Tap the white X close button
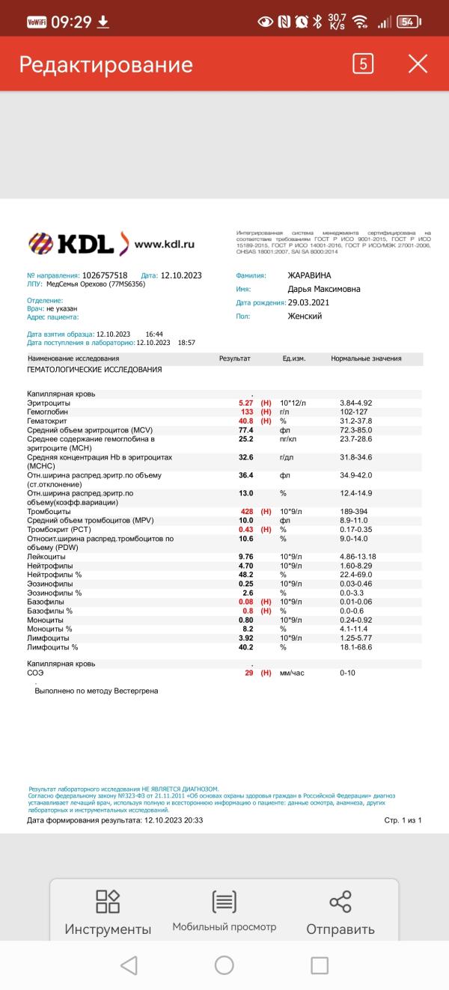[x=418, y=64]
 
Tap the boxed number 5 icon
[x=363, y=64]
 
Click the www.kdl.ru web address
[x=165, y=244]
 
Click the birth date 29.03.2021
[x=308, y=302]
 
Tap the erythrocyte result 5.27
[x=246, y=403]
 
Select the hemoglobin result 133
[x=246, y=412]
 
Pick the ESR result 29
[x=248, y=673]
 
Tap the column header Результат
[x=234, y=358]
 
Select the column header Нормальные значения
[x=366, y=358]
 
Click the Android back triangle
[x=129, y=965]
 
